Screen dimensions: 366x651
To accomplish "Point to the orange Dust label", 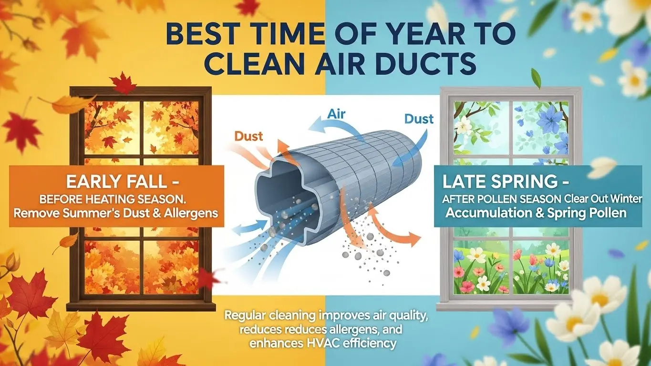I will tap(249, 136).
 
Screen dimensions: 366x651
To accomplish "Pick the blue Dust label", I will tap(419, 118).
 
